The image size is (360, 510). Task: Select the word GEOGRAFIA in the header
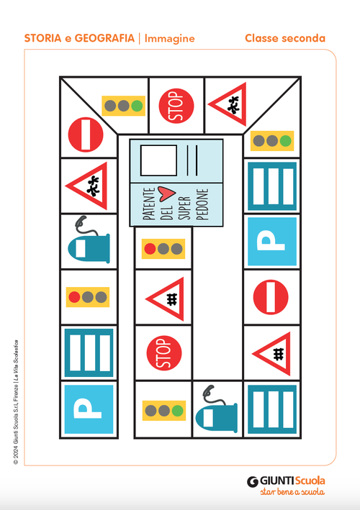point(104,38)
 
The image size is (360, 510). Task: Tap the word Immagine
point(170,38)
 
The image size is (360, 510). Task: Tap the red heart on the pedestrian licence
point(166,193)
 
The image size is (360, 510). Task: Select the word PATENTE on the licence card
point(149,204)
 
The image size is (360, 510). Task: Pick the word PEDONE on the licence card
point(202,204)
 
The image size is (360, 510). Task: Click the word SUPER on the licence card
point(184,208)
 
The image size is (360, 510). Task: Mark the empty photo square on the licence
point(158,160)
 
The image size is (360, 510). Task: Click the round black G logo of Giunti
point(253,481)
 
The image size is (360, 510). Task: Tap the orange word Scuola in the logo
point(310,481)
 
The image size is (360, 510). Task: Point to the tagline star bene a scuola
point(292,492)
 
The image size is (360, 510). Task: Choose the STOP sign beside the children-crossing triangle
point(176,106)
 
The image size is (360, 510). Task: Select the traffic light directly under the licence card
point(163,249)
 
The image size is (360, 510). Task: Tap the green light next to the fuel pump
point(178,411)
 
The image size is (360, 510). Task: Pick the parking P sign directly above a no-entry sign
point(272,242)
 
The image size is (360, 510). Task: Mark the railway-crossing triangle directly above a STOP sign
point(166,299)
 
